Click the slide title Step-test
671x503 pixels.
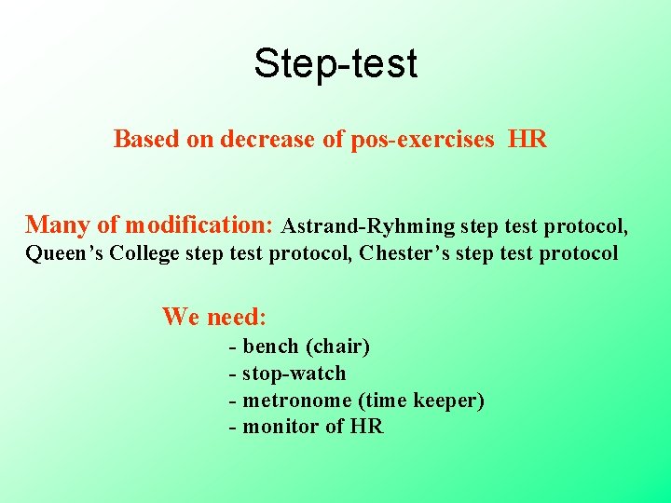point(335,63)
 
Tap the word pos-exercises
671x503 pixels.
point(423,140)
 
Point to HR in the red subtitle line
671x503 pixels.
point(527,140)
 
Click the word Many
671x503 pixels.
point(59,224)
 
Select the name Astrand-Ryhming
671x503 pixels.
point(368,225)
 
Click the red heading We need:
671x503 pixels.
point(214,317)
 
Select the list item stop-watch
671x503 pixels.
point(294,374)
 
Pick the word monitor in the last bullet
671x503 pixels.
point(281,427)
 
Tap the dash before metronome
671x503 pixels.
point(232,401)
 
